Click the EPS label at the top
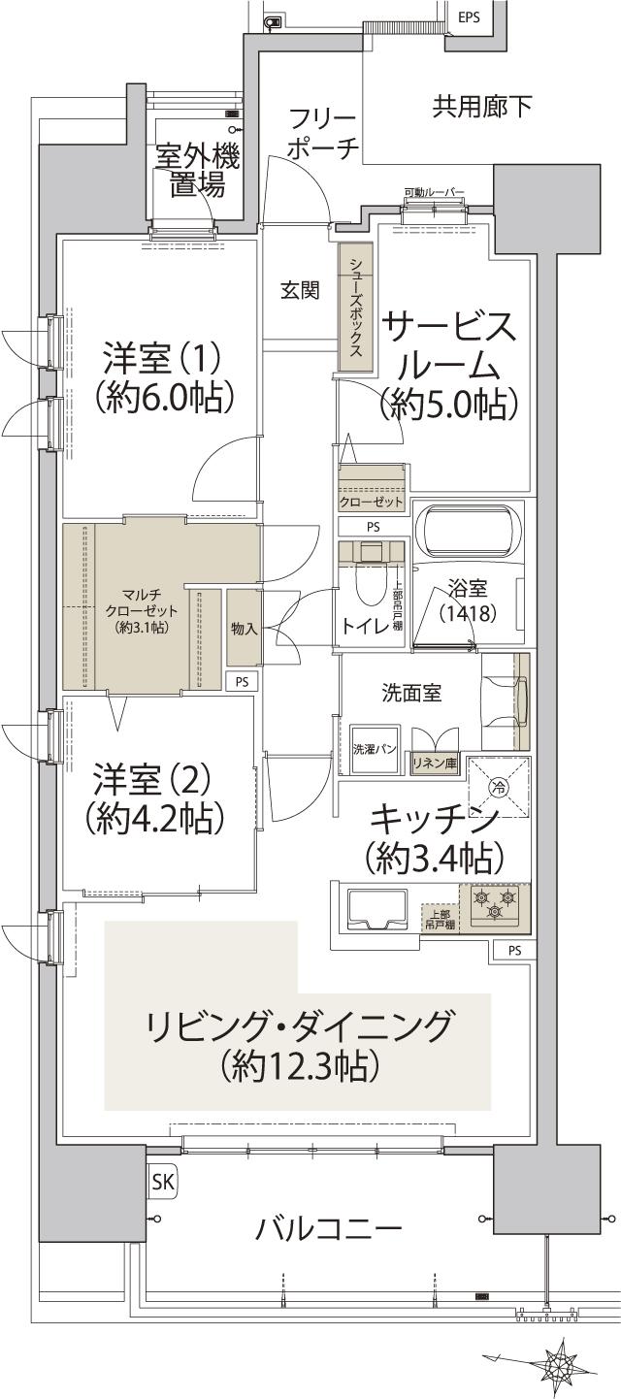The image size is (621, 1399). [469, 16]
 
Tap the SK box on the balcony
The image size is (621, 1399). [162, 1182]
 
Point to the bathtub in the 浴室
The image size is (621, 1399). [468, 532]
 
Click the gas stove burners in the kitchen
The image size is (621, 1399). [495, 909]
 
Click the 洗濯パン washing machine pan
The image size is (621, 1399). [372, 749]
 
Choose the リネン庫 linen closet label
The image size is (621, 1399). [436, 763]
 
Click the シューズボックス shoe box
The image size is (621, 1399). [356, 308]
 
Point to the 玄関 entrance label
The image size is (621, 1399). [300, 291]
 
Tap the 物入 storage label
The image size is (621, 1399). [244, 629]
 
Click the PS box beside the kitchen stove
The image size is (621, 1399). [513, 951]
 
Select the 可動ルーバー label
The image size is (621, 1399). [434, 193]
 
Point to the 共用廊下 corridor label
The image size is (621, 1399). [481, 107]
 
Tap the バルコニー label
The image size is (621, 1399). [328, 1230]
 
